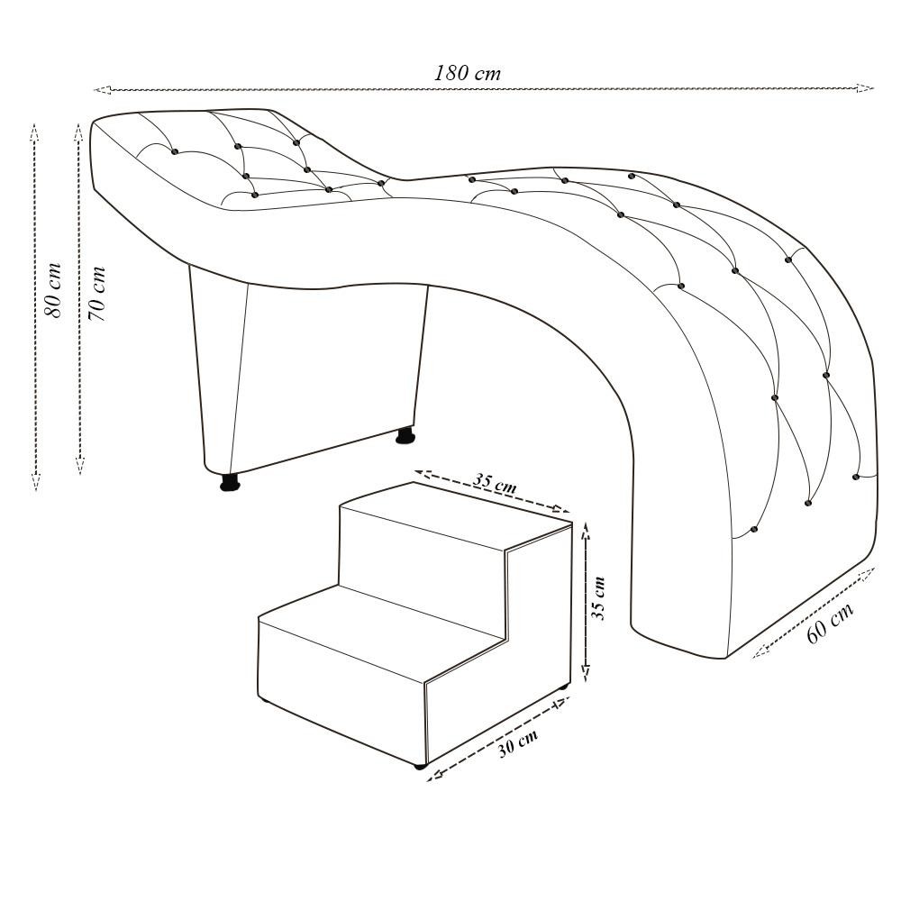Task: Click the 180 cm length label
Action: pos(467,73)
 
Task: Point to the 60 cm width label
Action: pos(828,623)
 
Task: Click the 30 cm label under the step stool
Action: pos(519,743)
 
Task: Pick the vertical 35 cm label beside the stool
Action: pos(598,598)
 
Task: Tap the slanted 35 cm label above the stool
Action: pos(495,482)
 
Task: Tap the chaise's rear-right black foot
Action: pos(405,437)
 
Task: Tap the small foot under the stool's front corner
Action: pos(420,766)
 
